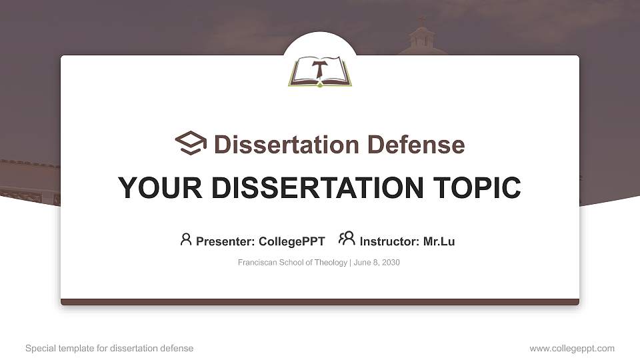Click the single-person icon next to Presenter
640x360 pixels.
point(186,239)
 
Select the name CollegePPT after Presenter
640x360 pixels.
point(291,241)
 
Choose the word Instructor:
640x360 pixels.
point(389,241)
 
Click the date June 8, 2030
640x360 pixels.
point(377,263)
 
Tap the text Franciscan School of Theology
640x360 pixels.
point(292,263)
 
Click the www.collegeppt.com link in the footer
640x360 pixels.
point(572,348)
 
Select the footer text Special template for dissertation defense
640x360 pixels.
point(109,348)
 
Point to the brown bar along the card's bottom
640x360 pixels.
point(320,302)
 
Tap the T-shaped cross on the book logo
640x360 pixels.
point(320,69)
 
